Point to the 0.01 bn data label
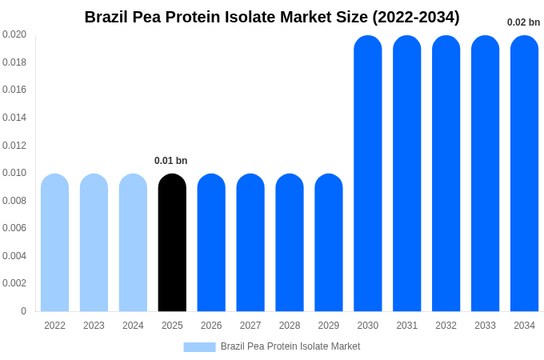coord(170,161)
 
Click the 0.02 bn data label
coord(523,22)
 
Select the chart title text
coord(272,17)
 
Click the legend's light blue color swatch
coord(199,347)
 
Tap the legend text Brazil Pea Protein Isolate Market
coord(290,346)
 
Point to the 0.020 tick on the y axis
coord(14,34)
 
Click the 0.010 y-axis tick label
coord(14,173)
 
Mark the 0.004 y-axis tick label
coord(14,256)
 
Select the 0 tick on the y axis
coord(23,311)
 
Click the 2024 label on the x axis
coord(133,326)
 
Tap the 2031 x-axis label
coord(406,326)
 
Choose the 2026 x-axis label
coord(211,326)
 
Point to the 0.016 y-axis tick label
coord(14,90)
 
